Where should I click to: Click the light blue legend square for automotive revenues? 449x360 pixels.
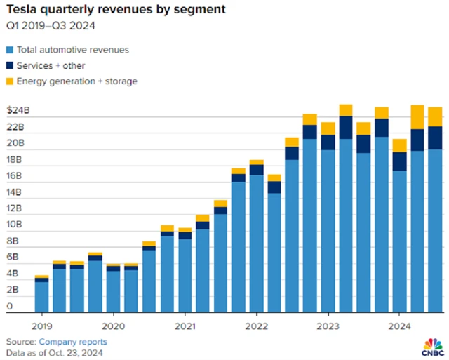click(10, 50)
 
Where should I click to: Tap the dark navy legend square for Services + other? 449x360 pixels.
click(10, 65)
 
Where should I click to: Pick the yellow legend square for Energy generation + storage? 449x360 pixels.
click(10, 81)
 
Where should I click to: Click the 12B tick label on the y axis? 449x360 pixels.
click(15, 209)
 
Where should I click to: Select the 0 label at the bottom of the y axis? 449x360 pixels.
click(10, 307)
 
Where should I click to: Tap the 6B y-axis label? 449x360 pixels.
click(13, 258)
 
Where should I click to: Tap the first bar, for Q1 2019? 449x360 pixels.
click(42, 295)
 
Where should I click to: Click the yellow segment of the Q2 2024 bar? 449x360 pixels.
click(417, 116)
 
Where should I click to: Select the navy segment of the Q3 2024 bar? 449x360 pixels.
click(435, 138)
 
